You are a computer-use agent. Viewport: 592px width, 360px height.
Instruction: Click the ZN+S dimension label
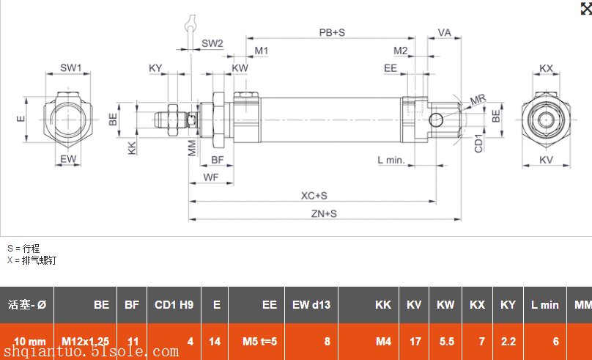coord(323,213)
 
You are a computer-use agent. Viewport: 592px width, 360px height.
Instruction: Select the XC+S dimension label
coord(314,196)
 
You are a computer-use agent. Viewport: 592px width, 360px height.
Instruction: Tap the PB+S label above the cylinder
coord(332,33)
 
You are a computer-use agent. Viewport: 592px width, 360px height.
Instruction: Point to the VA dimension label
coord(444,33)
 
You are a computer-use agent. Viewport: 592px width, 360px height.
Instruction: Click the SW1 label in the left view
coord(71,68)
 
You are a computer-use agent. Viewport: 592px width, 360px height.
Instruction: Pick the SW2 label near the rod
coord(212,43)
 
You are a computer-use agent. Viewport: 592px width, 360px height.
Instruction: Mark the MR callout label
coord(478,99)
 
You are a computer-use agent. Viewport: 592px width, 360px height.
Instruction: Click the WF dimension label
coord(211,177)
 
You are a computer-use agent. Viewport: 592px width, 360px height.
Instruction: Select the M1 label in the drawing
coord(262,51)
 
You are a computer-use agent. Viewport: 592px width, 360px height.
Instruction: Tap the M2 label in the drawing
coord(400,51)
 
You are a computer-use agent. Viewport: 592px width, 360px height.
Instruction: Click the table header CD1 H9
coord(174,305)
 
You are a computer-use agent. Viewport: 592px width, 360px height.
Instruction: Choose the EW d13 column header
coord(311,305)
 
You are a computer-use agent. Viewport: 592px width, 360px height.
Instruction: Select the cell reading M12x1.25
coord(85,342)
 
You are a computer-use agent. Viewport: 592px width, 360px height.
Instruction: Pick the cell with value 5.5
coord(446,342)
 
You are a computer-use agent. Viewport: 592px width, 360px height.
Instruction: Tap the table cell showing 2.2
coord(508,342)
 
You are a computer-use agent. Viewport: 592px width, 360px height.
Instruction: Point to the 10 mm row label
coord(29,342)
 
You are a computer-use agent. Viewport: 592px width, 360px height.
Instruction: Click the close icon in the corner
coord(584,8)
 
